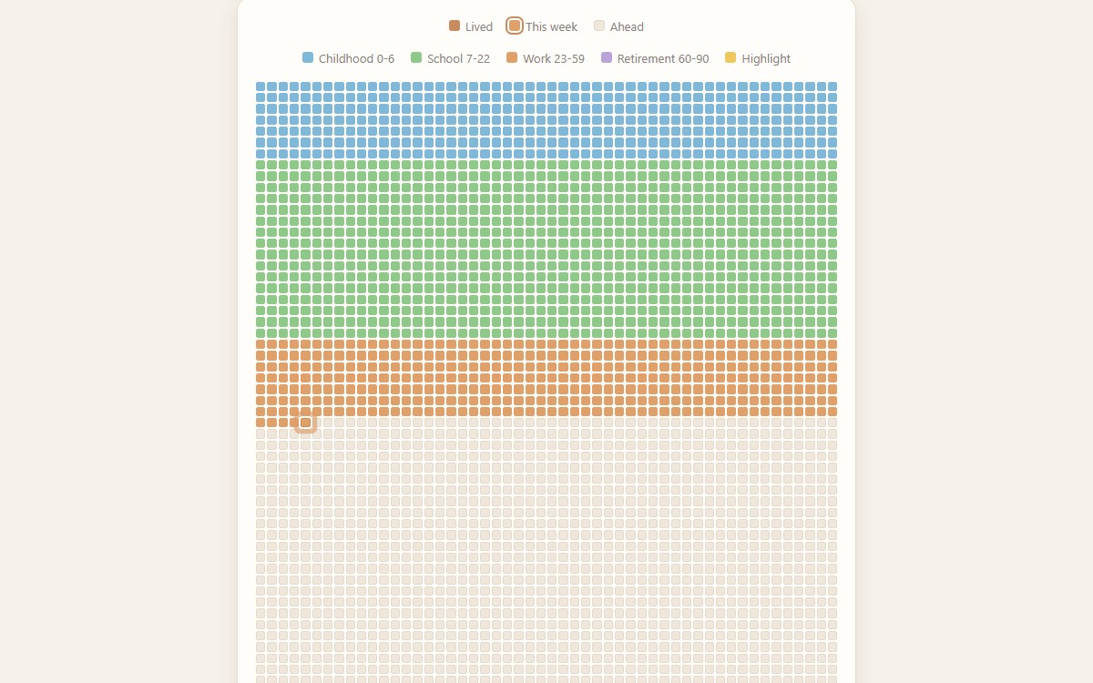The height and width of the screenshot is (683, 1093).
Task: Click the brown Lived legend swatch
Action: (455, 25)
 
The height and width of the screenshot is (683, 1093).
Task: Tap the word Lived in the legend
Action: (479, 26)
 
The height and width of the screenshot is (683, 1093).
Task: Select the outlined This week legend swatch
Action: (515, 25)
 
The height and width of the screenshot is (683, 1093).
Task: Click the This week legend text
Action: (551, 26)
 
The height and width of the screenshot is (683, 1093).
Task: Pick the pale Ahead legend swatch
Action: (599, 25)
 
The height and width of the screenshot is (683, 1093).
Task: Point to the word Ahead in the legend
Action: (627, 26)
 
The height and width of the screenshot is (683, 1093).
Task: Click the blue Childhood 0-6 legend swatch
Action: (308, 57)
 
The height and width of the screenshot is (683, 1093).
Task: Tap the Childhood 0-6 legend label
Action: (356, 58)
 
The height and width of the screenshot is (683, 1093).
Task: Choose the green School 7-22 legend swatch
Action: (416, 57)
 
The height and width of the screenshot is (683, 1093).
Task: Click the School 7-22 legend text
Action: (458, 58)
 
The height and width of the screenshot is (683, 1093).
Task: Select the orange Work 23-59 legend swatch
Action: (512, 57)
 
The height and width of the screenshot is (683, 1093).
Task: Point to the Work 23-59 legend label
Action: (554, 58)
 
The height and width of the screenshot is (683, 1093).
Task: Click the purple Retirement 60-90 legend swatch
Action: (607, 57)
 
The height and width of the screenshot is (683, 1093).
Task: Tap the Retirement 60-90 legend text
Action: (663, 58)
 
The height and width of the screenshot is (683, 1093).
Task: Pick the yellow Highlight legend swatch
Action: (730, 57)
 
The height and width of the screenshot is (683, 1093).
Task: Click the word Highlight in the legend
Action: (766, 59)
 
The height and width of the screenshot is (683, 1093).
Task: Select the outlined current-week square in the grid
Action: (305, 423)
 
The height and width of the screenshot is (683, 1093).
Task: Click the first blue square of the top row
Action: (260, 87)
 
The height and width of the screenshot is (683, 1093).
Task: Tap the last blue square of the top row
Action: (833, 87)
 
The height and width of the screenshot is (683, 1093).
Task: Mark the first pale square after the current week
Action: (317, 423)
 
